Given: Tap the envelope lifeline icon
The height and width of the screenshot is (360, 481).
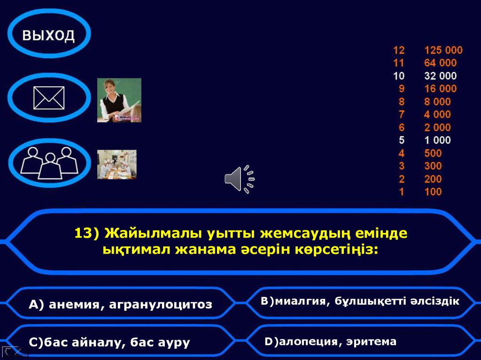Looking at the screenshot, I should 49,98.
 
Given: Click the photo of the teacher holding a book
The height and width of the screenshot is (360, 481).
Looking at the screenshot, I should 119,100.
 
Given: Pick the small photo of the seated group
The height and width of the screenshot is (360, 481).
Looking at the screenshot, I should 116,164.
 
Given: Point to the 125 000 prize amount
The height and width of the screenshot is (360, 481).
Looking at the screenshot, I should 443,50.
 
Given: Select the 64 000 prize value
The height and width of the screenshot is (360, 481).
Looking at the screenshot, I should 440,63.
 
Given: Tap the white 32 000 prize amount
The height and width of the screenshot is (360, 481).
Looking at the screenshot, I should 440,76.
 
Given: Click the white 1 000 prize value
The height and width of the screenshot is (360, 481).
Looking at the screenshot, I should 437,140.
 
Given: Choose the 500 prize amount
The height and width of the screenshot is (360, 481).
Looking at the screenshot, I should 433,153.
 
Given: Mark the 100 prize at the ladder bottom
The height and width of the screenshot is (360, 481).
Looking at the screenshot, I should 433,191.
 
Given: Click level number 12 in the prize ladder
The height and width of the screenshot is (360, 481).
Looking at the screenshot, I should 399,50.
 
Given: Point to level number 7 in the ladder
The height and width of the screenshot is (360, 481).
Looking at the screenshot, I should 401,114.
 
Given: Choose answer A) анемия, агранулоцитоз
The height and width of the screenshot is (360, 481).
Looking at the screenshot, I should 120,305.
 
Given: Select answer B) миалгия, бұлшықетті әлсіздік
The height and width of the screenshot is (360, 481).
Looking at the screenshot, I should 360,301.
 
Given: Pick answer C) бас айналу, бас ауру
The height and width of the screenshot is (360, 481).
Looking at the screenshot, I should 109,342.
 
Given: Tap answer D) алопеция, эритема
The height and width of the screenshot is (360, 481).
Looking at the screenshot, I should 330,341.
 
